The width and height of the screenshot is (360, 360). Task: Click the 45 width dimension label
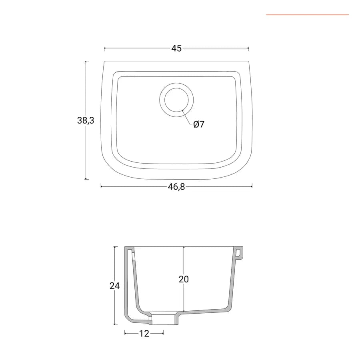(176, 48)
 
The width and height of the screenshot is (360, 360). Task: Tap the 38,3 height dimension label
(86, 120)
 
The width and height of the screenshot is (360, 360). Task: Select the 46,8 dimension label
(176, 187)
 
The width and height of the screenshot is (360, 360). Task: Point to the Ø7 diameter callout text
(199, 124)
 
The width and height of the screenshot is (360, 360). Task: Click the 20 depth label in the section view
(184, 279)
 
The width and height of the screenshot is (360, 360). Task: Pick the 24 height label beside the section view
(114, 286)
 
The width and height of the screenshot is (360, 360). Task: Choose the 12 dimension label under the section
(144, 333)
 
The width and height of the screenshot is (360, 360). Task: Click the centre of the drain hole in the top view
(176, 100)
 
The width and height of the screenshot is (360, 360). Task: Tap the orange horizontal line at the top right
(308, 15)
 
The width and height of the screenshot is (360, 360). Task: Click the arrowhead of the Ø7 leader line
(183, 111)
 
